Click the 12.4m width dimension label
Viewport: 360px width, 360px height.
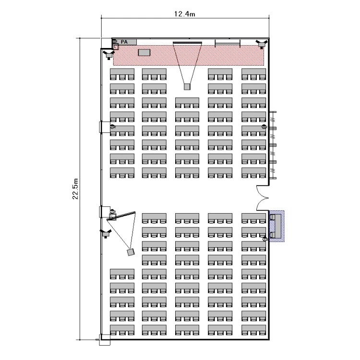click(x=185, y=14)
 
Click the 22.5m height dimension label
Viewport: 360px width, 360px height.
click(x=75, y=189)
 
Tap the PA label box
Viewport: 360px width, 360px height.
click(x=124, y=42)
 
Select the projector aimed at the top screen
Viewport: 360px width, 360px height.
click(x=187, y=87)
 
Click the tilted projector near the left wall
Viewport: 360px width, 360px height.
click(x=131, y=252)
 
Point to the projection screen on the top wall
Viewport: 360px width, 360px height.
click(x=187, y=42)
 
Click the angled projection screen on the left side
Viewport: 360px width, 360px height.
click(x=121, y=216)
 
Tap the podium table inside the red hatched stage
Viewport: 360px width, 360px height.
click(x=144, y=53)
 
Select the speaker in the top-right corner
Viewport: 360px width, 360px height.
click(x=262, y=44)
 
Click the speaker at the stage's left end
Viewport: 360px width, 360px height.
click(x=109, y=55)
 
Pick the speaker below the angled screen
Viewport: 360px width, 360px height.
click(x=106, y=233)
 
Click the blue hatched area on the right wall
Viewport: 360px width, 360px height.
click(x=277, y=226)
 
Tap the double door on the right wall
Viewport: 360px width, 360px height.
click(x=263, y=198)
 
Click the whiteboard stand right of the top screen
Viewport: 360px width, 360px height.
click(x=228, y=43)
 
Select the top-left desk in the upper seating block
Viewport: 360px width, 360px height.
click(x=122, y=74)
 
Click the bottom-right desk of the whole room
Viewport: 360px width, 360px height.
click(x=253, y=330)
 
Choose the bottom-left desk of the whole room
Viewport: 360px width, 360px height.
click(x=122, y=330)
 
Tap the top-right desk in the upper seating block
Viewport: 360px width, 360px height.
click(x=253, y=74)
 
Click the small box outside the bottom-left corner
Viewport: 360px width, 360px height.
click(x=105, y=339)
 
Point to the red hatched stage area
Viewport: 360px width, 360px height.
click(x=188, y=55)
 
